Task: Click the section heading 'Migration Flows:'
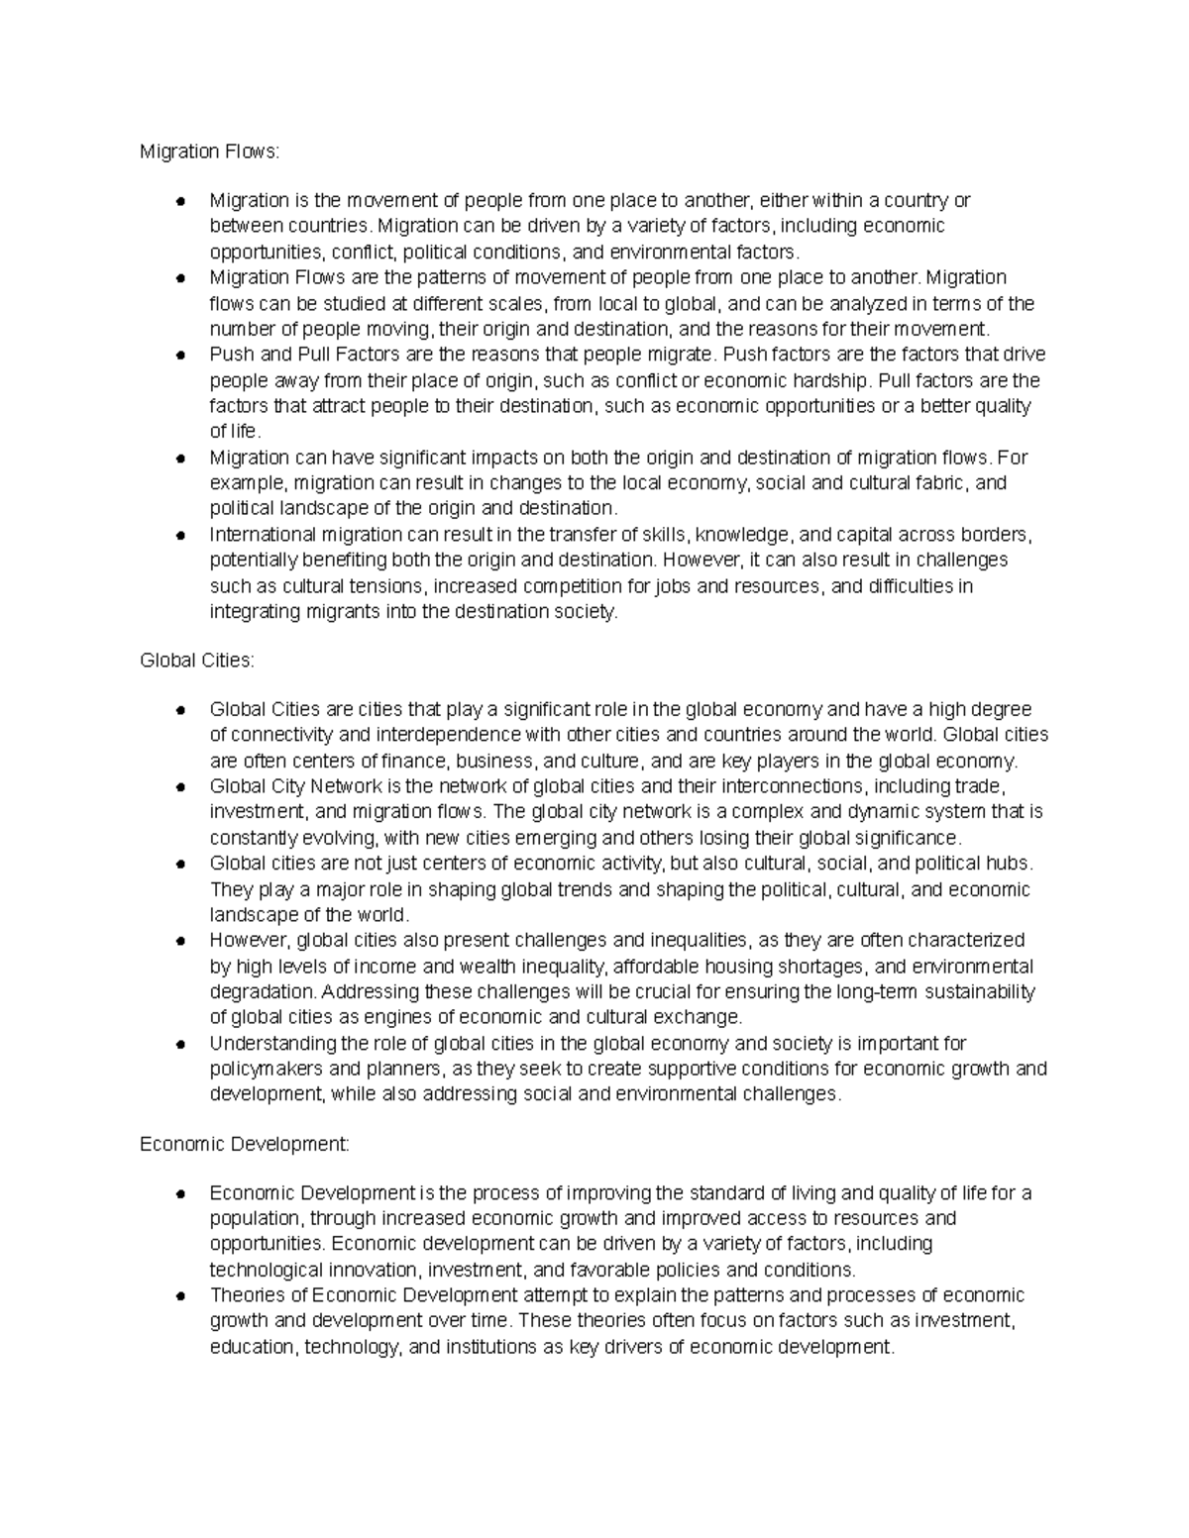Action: click(x=210, y=152)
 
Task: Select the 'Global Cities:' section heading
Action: click(x=197, y=660)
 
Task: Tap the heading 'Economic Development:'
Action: click(x=245, y=1145)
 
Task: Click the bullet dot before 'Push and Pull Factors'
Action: click(x=180, y=356)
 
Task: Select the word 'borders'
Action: click(x=999, y=535)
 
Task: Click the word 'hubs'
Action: click(x=1010, y=864)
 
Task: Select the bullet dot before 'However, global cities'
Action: click(x=180, y=941)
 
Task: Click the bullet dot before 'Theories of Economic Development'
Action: click(x=180, y=1296)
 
